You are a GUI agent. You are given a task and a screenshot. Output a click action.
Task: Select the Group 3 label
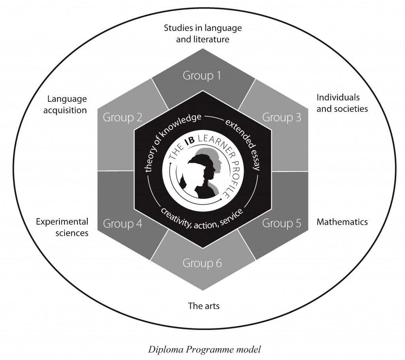[282, 117]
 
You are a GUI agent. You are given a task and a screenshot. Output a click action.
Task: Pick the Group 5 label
[282, 224]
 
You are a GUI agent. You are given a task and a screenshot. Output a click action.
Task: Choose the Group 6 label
[202, 263]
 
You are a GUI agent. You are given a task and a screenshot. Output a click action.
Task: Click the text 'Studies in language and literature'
[202, 34]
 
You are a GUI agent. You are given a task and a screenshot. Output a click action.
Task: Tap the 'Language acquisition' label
[67, 104]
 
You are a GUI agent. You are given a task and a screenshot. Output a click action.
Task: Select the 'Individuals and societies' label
[342, 103]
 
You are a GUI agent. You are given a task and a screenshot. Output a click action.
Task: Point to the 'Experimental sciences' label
[62, 227]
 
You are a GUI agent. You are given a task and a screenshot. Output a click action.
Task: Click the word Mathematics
[342, 222]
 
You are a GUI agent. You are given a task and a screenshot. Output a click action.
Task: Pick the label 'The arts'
[203, 305]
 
